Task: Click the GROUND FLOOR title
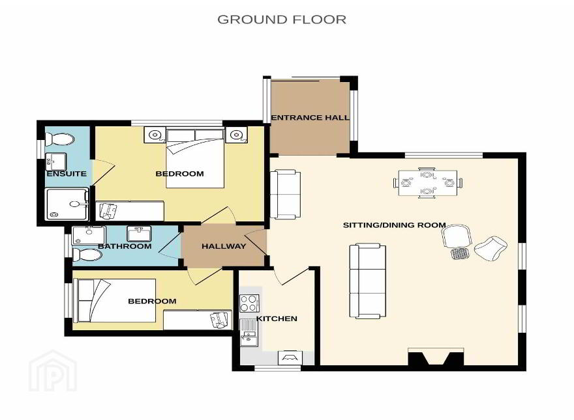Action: pos(282,20)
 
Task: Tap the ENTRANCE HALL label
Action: pos(310,118)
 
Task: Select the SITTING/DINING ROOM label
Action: pos(394,225)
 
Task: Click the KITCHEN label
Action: pos(277,319)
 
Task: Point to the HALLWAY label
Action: pos(224,246)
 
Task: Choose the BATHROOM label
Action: pos(125,246)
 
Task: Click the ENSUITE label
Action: pos(67,174)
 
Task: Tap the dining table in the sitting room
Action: pos(427,182)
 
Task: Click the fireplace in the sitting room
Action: pos(436,356)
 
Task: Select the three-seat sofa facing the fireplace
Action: pos(367,281)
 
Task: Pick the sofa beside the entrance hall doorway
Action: pos(285,195)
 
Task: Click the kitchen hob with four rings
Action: pos(249,303)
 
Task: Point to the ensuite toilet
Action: pos(59,139)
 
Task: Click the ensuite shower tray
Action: pos(67,204)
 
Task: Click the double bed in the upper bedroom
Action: pos(195,158)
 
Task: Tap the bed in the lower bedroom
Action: pos(115,301)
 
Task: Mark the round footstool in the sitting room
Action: pos(459,253)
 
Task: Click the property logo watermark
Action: pos(53,371)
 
